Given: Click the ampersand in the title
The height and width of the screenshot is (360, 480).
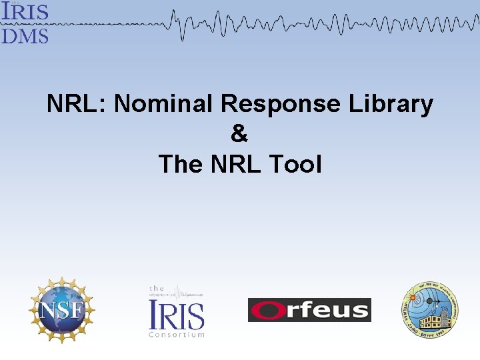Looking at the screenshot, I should (x=239, y=134).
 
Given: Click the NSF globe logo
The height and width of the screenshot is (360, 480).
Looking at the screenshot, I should (x=61, y=310).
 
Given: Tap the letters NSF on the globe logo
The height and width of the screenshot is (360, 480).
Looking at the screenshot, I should (x=61, y=311).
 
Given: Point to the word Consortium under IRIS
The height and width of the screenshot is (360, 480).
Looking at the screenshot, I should (x=176, y=334).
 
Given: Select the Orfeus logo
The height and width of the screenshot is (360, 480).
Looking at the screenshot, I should (x=309, y=310).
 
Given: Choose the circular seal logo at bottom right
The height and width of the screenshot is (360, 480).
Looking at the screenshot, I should (x=429, y=310).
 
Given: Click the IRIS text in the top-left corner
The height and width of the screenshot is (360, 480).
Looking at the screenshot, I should (x=25, y=12).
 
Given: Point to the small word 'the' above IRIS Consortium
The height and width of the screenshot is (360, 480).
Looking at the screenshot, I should (x=157, y=289).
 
